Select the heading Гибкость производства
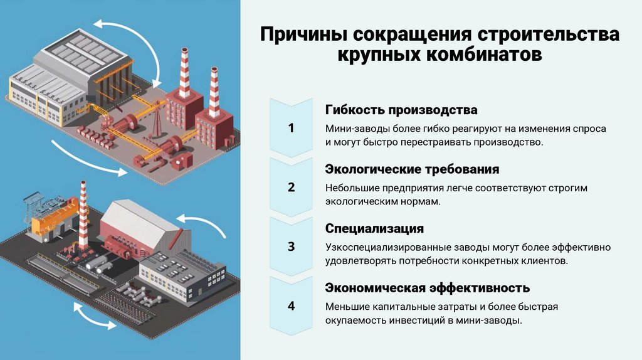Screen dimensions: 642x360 (x=401, y=110)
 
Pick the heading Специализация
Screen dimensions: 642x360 (x=374, y=228)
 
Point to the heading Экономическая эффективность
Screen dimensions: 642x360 (x=428, y=288)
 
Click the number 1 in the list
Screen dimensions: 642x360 (x=291, y=129)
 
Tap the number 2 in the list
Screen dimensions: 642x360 (x=291, y=188)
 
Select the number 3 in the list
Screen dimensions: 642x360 (x=291, y=246)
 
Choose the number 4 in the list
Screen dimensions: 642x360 (x=291, y=306)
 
